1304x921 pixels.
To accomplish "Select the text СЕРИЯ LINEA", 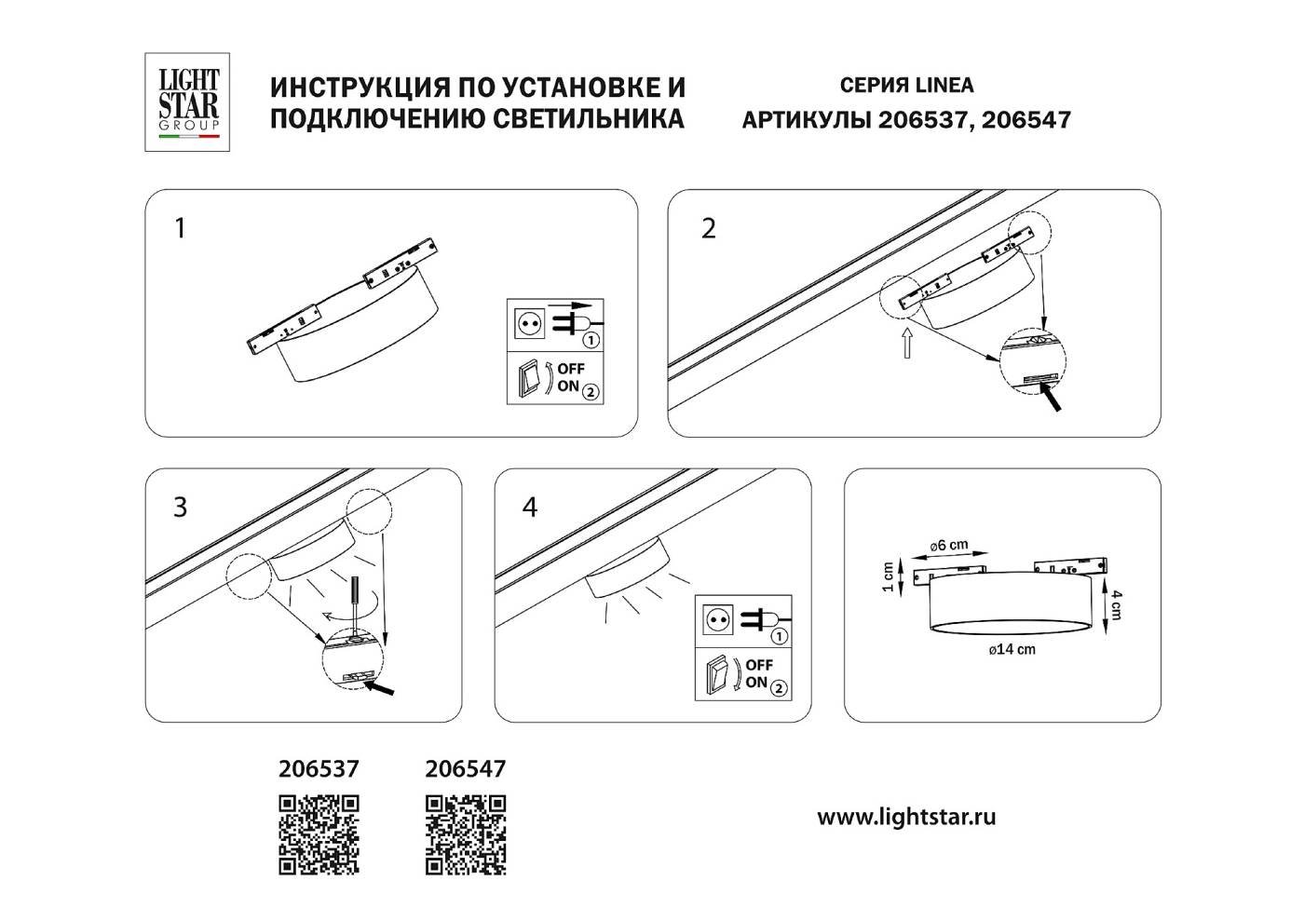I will [x=906, y=86].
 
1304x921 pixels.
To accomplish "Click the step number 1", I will [x=181, y=228].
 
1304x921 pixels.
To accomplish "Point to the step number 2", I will [x=709, y=228].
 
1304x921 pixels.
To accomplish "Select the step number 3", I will [x=181, y=508].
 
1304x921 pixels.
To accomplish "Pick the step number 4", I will [x=530, y=508].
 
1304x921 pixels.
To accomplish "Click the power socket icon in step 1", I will [x=528, y=324].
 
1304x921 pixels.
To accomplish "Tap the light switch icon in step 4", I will [x=717, y=675].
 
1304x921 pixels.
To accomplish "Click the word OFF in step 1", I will [x=571, y=370].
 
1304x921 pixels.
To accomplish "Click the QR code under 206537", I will [x=319, y=834].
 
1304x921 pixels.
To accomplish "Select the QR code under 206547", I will [x=466, y=834].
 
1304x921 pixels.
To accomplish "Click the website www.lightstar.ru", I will [x=906, y=818].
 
